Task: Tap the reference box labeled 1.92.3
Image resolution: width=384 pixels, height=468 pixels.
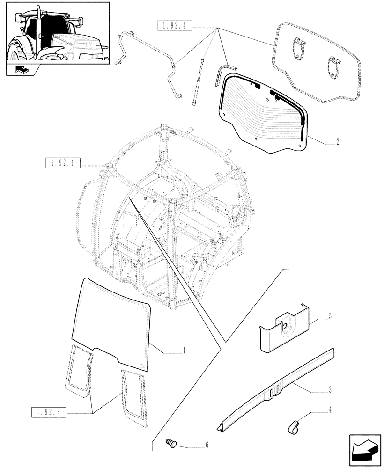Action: (49, 412)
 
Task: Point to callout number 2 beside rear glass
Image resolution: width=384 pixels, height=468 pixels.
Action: (338, 142)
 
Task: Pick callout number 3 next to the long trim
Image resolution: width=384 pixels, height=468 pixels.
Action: (330, 389)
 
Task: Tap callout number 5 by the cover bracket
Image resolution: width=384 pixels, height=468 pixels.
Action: (330, 317)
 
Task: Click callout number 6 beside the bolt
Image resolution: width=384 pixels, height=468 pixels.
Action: (207, 446)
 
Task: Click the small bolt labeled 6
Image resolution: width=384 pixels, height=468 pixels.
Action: (172, 443)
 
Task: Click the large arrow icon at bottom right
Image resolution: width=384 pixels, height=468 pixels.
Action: (364, 450)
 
